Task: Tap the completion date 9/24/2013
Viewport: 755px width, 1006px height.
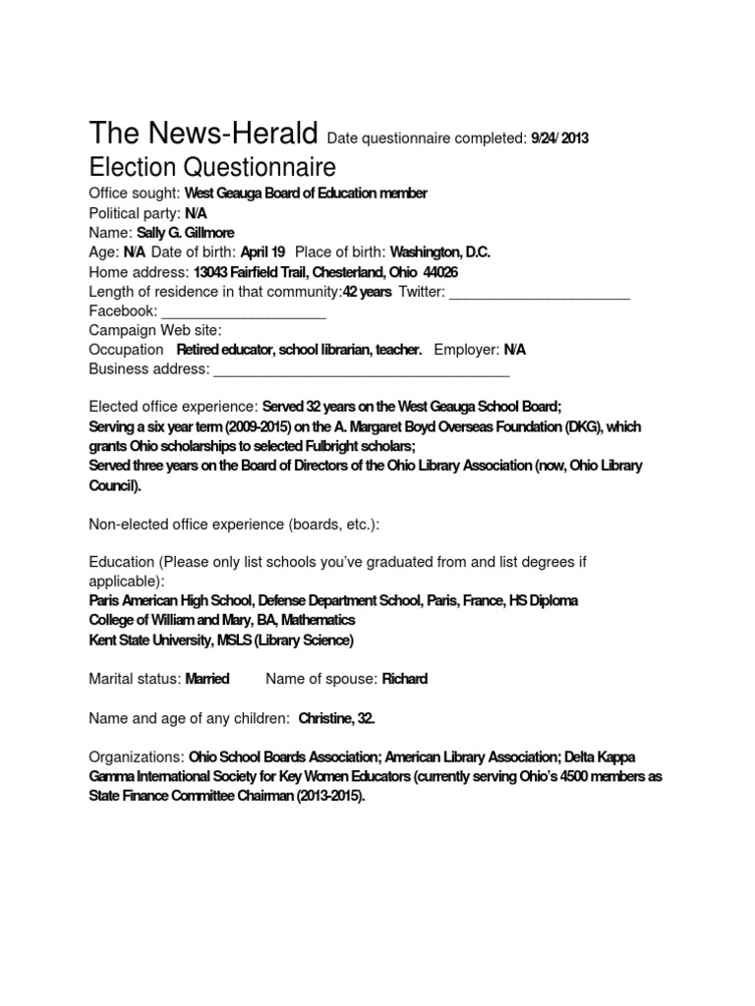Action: (x=559, y=139)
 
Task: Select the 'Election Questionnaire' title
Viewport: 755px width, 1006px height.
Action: (x=212, y=166)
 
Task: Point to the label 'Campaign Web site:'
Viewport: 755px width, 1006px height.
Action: (x=155, y=330)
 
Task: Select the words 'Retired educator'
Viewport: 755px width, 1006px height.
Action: (x=225, y=350)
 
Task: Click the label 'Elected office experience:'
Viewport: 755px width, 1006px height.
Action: (x=173, y=407)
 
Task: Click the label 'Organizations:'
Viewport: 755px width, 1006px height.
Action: (x=136, y=757)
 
